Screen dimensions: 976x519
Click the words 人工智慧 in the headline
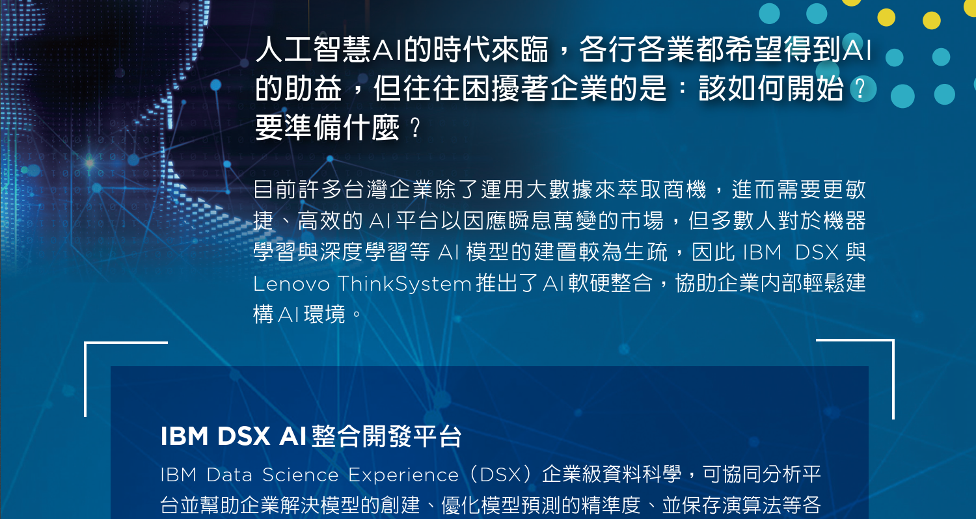tap(313, 49)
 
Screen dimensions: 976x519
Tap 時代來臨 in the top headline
tap(491, 49)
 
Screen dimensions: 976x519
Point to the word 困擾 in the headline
tap(491, 88)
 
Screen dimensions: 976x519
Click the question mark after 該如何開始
tap(860, 88)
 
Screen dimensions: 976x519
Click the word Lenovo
tap(291, 284)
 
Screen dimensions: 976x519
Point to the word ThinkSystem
tap(405, 284)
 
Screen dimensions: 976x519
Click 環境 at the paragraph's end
tap(325, 314)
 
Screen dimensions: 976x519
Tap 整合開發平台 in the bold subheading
tap(386, 436)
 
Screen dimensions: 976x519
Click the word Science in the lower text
tap(300, 475)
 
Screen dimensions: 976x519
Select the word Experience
tap(403, 475)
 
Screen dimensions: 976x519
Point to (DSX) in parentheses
tap(501, 475)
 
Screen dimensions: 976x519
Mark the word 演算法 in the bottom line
tap(752, 505)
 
